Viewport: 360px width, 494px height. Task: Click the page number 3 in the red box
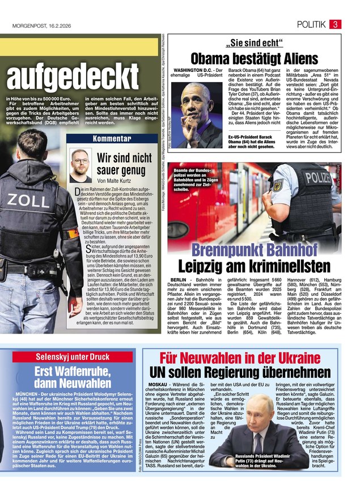click(335, 24)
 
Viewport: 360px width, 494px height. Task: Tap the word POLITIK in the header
click(311, 24)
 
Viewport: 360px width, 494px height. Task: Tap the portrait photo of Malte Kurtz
click(81, 165)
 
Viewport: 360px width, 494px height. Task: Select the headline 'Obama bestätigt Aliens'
click(255, 58)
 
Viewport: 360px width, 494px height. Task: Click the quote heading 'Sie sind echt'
click(255, 43)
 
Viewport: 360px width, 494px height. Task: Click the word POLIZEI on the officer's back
click(317, 177)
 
